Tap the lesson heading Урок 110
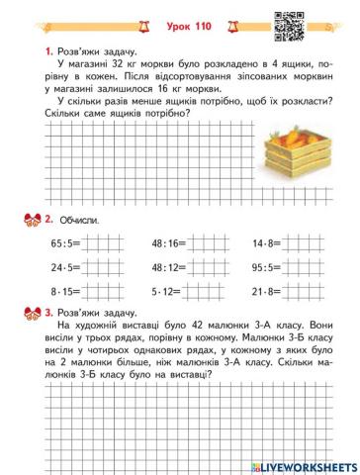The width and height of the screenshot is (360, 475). [x=180, y=17]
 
